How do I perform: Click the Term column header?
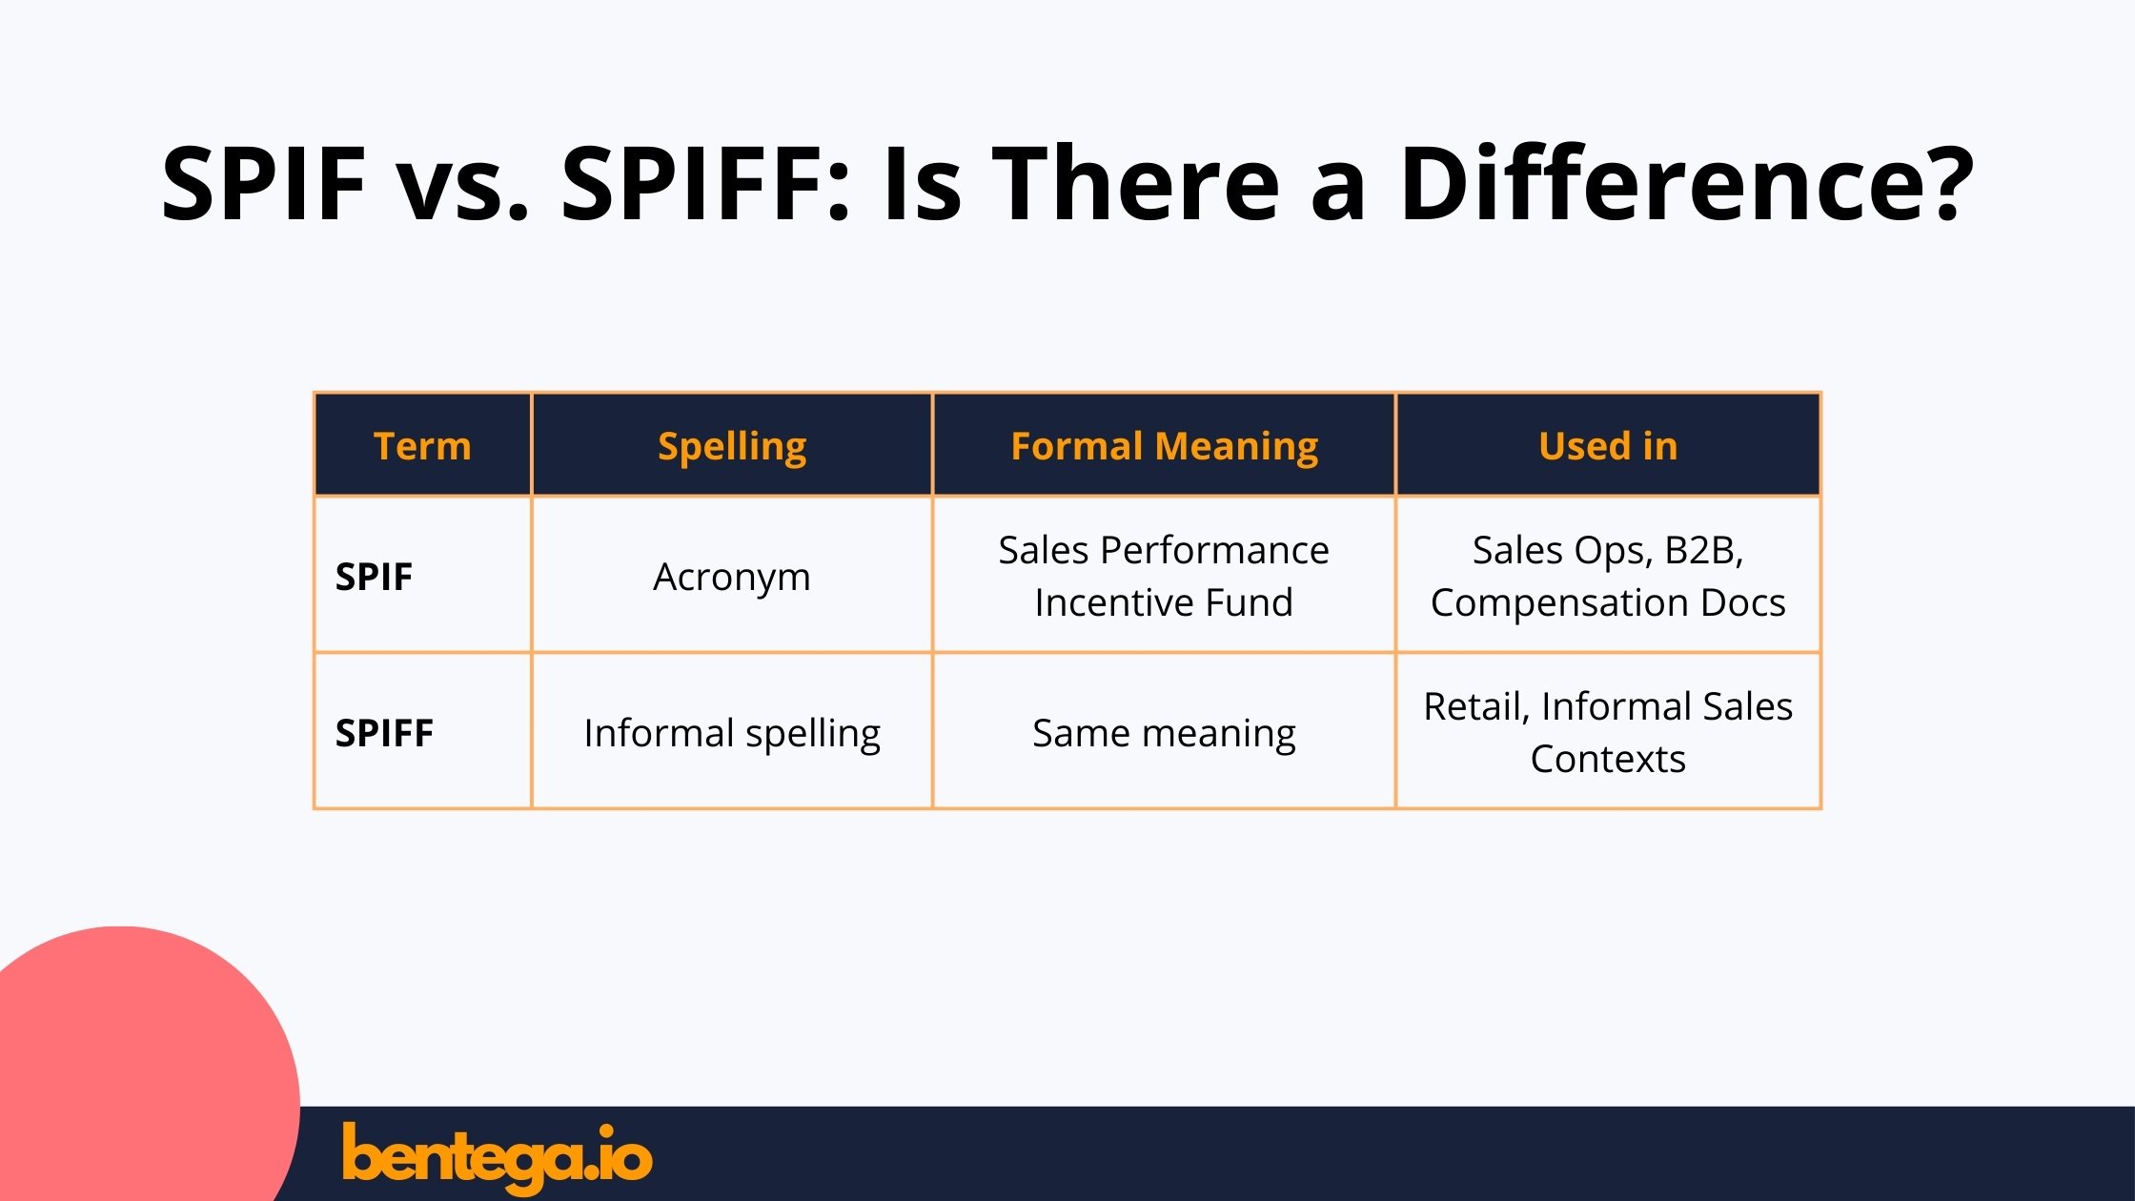point(422,446)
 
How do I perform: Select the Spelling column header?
point(732,446)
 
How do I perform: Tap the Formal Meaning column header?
point(1164,446)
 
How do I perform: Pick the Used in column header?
point(1608,446)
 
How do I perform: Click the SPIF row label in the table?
point(374,577)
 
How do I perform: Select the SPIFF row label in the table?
point(384,733)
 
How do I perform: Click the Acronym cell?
point(732,577)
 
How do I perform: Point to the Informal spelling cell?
point(732,733)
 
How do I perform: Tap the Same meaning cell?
point(1164,733)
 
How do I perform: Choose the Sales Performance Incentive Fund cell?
point(1164,576)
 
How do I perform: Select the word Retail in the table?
point(1476,706)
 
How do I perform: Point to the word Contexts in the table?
point(1608,759)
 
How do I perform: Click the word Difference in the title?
point(1657,183)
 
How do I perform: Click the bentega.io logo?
point(497,1157)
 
